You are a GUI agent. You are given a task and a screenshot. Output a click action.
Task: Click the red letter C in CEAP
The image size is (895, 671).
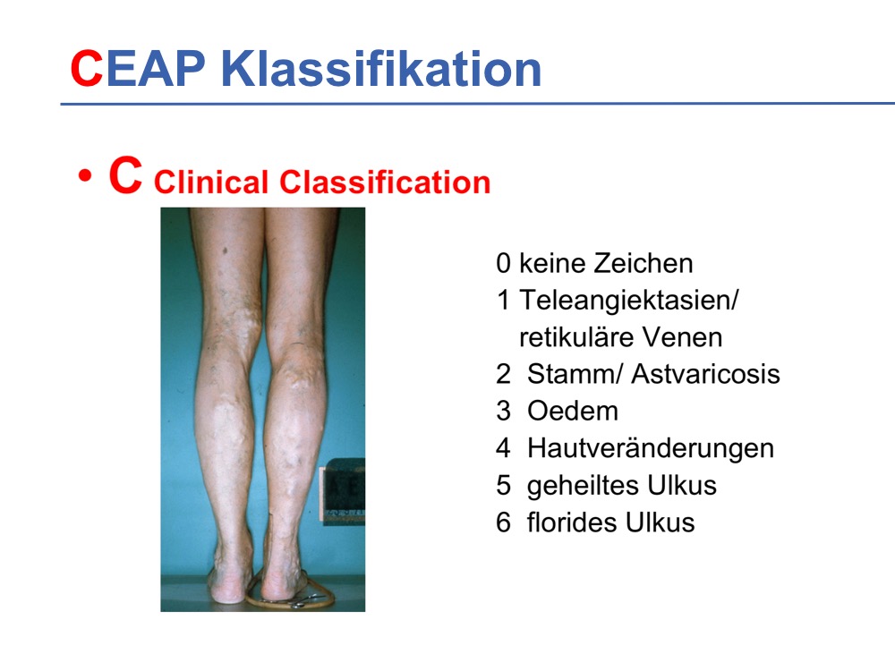[86, 69]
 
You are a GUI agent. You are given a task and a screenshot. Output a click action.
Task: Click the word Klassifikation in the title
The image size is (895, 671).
[380, 69]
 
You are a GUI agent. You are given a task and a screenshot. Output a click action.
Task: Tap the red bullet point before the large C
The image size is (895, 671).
[85, 175]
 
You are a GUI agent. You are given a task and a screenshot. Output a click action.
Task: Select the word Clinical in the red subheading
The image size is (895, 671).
[211, 183]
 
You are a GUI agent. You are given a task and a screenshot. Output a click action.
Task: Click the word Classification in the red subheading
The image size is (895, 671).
[385, 183]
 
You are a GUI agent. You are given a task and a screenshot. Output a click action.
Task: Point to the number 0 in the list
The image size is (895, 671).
[503, 264]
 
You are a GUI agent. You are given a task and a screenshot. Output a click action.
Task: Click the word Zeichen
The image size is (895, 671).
[644, 264]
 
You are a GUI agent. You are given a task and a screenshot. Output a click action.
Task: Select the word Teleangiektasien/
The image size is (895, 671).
[629, 300]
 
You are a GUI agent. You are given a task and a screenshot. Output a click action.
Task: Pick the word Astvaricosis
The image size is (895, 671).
[705, 374]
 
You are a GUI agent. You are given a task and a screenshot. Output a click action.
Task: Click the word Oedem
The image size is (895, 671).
[573, 411]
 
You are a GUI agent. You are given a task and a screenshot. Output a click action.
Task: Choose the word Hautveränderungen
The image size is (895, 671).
[651, 448]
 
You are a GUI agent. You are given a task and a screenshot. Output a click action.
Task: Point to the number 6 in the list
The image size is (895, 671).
[503, 522]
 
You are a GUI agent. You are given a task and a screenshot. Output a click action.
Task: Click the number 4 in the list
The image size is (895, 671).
[503, 448]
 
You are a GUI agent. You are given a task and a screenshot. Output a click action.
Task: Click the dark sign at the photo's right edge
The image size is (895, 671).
[344, 491]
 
